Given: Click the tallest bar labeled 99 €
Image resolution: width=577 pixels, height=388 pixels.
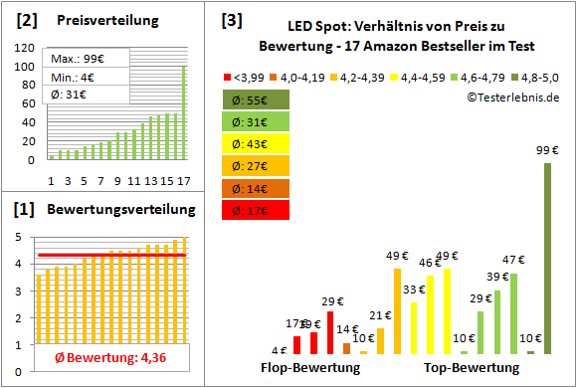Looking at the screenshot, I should pyautogui.click(x=546, y=259).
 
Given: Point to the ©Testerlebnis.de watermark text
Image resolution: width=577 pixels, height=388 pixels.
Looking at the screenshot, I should pyautogui.click(x=511, y=97).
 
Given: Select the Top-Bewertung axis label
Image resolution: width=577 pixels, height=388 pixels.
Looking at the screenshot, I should pyautogui.click(x=472, y=368).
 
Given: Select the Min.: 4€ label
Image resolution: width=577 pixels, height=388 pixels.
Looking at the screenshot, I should pyautogui.click(x=76, y=78).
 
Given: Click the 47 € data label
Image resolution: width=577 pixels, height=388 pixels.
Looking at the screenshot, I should pyautogui.click(x=512, y=262).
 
